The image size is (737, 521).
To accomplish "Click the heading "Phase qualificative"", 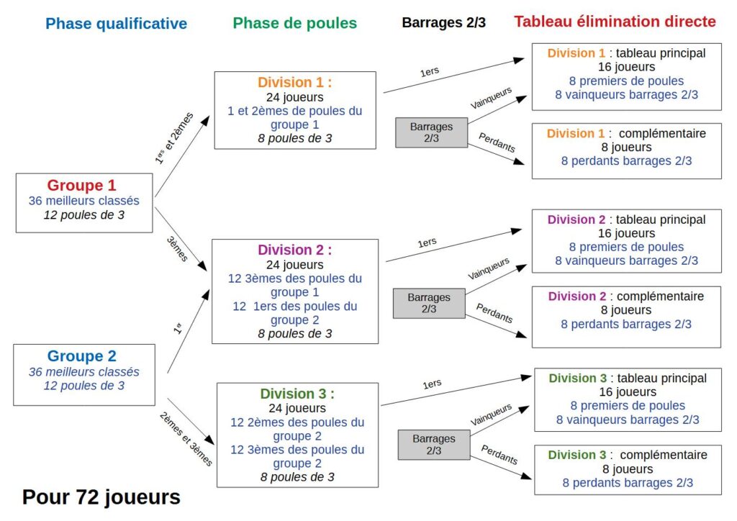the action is coord(116,24).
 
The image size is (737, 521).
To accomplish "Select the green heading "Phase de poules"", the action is coord(294,23).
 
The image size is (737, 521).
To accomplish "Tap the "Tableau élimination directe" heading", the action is coord(615,22).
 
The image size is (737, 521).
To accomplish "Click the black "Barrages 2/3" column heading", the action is coord(443,22).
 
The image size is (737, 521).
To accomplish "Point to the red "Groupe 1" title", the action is coord(81,185).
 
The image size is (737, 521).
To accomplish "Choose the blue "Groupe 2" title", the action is coord(82,356).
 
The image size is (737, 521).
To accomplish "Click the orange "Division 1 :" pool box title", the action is coord(294,82).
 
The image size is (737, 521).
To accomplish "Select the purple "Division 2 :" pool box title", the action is coord(294,250).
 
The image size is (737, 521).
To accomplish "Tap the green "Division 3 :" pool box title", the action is coord(297,394).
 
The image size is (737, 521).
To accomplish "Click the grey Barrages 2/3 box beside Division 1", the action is coord(432,132).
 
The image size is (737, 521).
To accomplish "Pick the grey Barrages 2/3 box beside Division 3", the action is coord(434,445).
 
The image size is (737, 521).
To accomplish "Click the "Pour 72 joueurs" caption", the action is coord(101,497).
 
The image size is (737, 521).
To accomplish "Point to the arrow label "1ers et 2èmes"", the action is coord(174,138).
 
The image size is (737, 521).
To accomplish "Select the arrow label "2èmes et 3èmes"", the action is coord(186,439).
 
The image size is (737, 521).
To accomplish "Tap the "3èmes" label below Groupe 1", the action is coord(177,248).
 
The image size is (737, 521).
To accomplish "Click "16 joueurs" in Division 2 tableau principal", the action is coord(627,233).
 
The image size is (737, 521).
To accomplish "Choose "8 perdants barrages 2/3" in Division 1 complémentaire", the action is coord(627,161).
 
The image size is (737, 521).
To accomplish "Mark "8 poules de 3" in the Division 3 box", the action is coord(297,477).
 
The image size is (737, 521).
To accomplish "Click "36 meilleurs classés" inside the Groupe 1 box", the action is coord(84,201).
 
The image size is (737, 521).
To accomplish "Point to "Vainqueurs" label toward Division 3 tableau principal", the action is coord(491,414).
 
